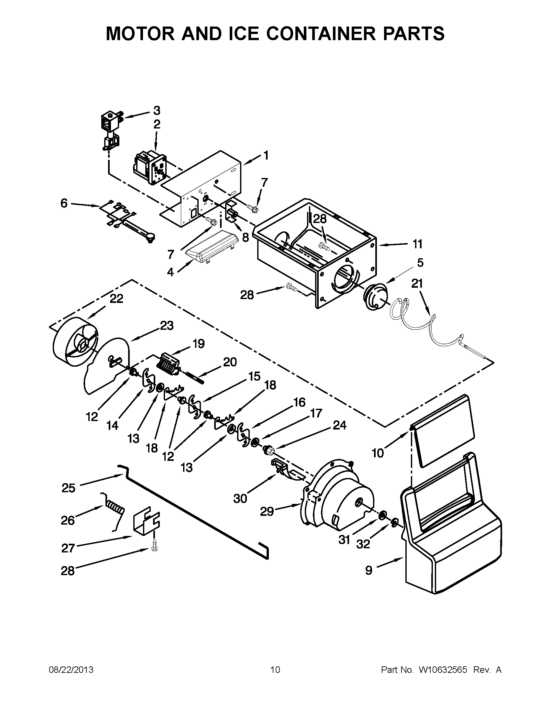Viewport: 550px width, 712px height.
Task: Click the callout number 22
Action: [x=116, y=299]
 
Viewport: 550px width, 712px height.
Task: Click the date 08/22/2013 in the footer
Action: [x=71, y=670]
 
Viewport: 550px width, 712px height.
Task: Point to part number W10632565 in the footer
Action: [x=443, y=670]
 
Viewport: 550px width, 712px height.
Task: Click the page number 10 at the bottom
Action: [x=275, y=670]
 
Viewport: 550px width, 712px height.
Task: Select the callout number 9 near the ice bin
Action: [x=368, y=570]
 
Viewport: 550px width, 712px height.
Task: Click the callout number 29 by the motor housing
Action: [x=267, y=511]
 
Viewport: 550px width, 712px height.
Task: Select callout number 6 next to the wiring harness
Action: [x=64, y=204]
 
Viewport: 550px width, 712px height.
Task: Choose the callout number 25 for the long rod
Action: [x=68, y=488]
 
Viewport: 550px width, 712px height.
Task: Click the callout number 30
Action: [x=240, y=498]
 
